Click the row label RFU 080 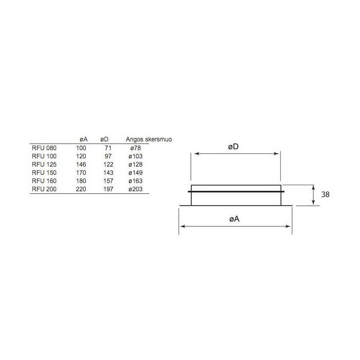44,148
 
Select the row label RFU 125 44,165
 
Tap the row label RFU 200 44,189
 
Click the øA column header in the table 83,139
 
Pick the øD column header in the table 104,139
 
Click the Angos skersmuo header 149,139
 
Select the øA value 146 81,165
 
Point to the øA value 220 81,189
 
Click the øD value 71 108,148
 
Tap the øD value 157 108,181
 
